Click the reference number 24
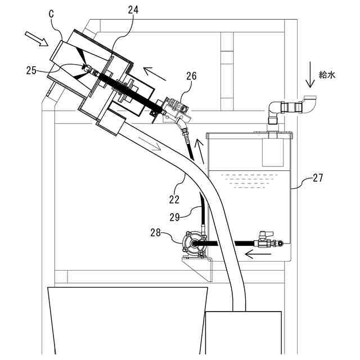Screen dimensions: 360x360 [x=133, y=10]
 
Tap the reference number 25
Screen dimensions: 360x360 [x=31, y=70]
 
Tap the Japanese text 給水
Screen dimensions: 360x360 [x=327, y=74]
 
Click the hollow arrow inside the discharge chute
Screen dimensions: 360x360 [x=160, y=147]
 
